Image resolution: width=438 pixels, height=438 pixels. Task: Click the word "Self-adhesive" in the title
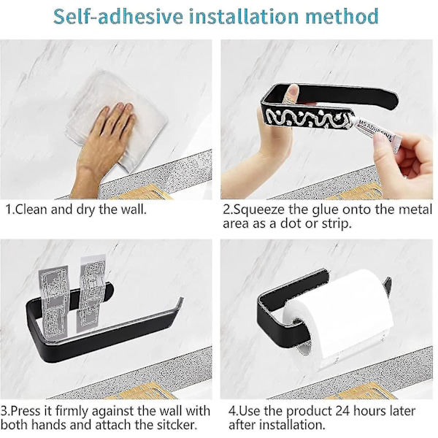tap(118, 16)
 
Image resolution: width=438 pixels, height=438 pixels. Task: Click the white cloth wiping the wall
tap(118, 118)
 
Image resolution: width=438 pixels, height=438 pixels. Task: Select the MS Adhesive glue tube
tap(376, 134)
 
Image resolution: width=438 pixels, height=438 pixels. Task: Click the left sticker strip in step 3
tap(53, 301)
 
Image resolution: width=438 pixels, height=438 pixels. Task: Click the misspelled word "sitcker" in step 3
tap(175, 425)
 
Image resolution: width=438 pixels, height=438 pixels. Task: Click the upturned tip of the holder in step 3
tap(180, 301)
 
